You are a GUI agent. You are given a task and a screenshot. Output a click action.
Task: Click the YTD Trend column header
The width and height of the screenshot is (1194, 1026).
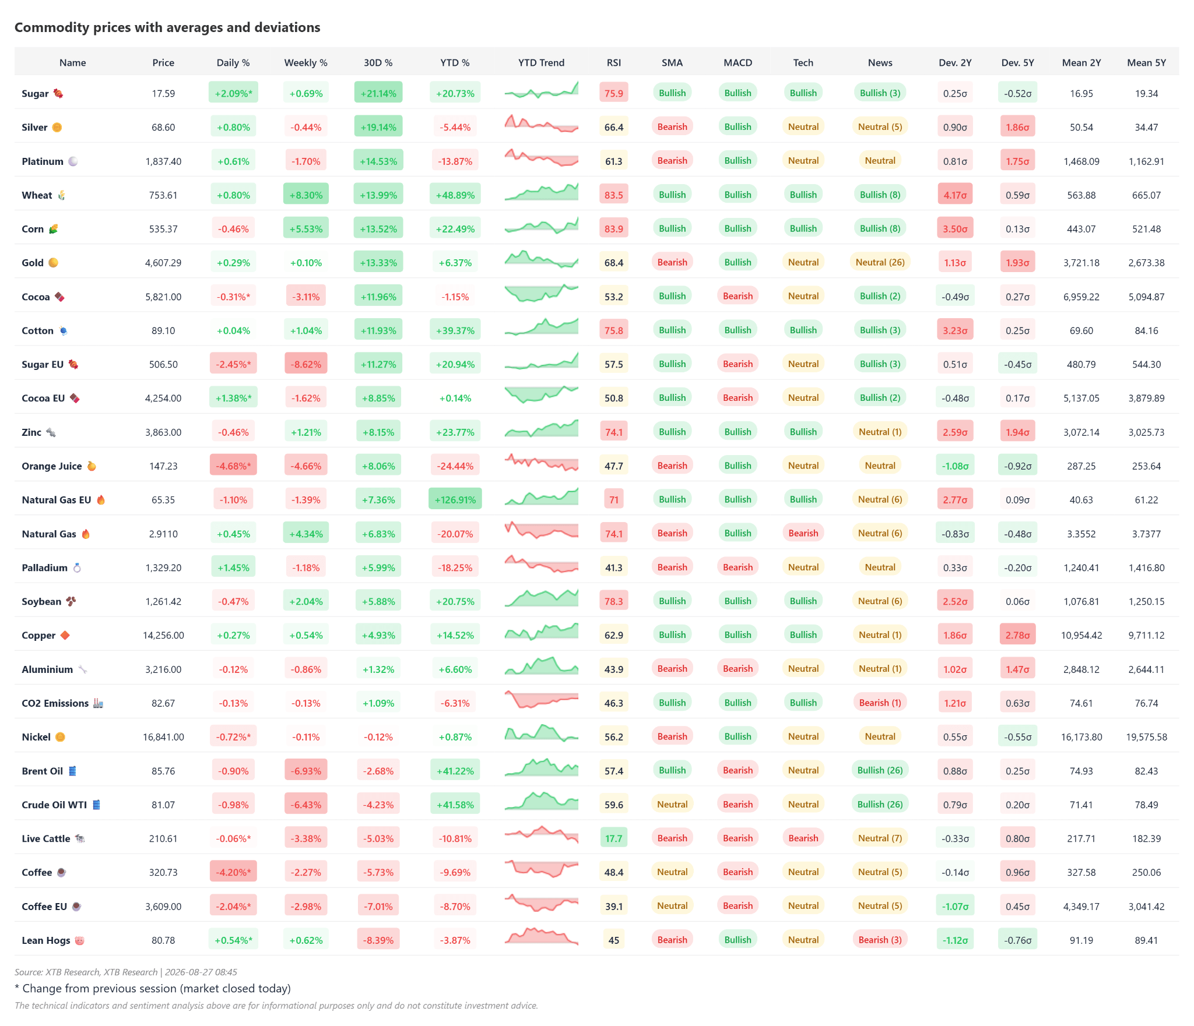(x=541, y=62)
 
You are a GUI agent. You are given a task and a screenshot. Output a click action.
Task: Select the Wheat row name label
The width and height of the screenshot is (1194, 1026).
(x=37, y=195)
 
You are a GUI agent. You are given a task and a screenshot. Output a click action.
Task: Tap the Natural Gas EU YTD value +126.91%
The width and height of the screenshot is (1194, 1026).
(x=455, y=499)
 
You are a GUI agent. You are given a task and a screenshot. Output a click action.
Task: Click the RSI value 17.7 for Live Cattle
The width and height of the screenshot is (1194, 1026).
(x=613, y=838)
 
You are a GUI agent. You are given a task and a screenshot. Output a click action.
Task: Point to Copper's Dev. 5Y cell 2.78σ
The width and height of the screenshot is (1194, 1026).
(x=1017, y=635)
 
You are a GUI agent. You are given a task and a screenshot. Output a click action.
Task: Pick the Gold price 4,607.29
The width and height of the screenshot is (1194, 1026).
(x=163, y=263)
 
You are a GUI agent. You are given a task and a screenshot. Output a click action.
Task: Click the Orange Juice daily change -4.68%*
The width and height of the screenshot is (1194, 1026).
(x=233, y=466)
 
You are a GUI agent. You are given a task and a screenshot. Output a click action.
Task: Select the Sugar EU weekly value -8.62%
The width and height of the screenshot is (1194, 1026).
(x=306, y=364)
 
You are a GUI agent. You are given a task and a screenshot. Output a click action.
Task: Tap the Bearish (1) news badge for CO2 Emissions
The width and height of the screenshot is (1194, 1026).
(x=880, y=703)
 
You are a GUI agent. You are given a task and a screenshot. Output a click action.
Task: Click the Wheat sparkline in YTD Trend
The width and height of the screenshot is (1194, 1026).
(x=541, y=192)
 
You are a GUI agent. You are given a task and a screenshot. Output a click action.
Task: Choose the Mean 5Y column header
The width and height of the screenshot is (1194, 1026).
(x=1146, y=62)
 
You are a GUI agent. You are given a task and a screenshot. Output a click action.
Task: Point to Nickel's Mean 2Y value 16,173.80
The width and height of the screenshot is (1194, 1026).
(x=1081, y=737)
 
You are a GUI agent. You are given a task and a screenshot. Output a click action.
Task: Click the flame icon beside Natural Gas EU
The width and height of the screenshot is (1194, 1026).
(x=101, y=499)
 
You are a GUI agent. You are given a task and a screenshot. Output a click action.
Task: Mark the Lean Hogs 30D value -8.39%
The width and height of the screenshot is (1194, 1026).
(x=378, y=940)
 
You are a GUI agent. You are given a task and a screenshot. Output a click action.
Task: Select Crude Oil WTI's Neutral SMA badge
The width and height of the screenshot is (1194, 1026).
(x=672, y=804)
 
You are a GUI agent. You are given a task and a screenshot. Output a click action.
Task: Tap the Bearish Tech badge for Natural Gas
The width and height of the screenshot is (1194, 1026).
(x=803, y=533)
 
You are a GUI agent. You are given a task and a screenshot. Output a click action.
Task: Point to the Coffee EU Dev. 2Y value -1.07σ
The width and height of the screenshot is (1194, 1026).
(x=955, y=906)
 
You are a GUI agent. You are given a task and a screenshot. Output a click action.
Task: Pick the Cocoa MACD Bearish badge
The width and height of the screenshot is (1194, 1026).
(x=738, y=296)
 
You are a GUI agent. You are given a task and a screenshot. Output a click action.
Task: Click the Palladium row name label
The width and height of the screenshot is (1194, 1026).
(x=44, y=567)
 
